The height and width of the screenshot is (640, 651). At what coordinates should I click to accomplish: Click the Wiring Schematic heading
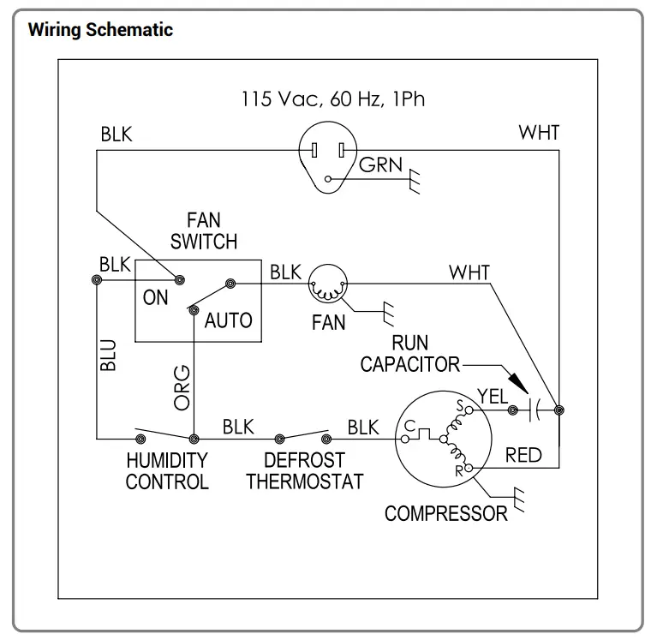point(100,30)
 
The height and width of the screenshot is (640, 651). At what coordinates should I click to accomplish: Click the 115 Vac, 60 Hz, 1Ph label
point(333,99)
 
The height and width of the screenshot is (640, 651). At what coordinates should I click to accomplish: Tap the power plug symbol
point(328,157)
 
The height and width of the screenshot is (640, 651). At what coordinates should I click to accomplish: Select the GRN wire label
point(380,164)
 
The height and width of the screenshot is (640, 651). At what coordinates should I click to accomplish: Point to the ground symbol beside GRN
point(415,181)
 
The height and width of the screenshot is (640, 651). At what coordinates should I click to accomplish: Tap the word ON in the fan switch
point(155,297)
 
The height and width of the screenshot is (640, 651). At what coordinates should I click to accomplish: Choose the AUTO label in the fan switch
point(229,320)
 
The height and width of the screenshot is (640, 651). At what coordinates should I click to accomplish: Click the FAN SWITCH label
point(204,230)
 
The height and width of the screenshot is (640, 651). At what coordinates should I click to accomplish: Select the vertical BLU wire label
point(108,355)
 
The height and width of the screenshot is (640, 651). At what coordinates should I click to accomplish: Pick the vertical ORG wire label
point(182,387)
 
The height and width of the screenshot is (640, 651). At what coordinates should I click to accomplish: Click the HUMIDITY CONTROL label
point(167,471)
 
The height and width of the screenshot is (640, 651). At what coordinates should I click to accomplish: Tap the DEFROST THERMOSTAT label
point(305,471)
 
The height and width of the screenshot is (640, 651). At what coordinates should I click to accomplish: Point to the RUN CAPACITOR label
point(409,354)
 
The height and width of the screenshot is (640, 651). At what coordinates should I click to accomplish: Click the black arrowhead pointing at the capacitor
point(518,382)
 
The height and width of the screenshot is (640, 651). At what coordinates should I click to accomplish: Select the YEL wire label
point(493,396)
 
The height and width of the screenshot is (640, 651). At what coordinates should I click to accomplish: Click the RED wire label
point(523,455)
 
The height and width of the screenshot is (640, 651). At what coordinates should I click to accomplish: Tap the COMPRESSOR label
point(446,514)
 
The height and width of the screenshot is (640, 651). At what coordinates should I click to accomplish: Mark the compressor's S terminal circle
point(469,410)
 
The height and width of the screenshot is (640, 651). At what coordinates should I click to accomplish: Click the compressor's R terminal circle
point(469,468)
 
